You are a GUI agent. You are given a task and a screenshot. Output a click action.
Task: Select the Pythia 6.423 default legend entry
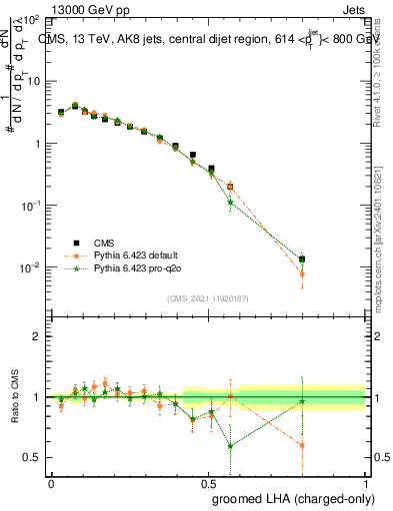[x=134, y=255]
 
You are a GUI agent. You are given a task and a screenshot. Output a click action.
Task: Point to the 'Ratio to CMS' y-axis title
[x=16, y=397]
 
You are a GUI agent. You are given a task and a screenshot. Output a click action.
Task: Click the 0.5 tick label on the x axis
[x=208, y=483]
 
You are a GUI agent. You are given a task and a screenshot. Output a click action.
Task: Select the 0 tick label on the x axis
[x=51, y=483]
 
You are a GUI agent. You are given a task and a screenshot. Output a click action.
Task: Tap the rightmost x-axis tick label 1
[x=365, y=483]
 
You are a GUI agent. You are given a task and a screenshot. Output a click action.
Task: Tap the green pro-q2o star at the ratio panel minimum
[x=231, y=446]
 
